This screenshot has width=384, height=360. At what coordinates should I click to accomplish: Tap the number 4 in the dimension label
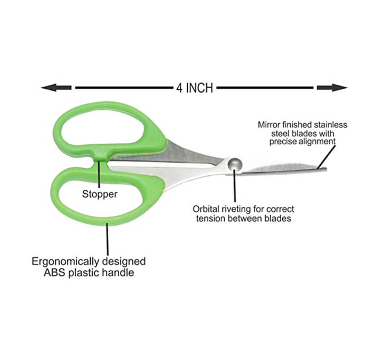[179, 88]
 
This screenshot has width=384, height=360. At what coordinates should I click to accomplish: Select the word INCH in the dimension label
[199, 88]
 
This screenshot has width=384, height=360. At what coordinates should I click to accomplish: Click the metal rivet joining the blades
[235, 164]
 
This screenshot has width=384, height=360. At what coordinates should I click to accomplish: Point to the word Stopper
[100, 194]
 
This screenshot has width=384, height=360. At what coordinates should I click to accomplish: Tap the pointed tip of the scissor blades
[326, 169]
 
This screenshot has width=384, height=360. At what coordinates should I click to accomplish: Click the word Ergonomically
[65, 262]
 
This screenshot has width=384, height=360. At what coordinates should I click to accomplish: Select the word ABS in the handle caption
[55, 272]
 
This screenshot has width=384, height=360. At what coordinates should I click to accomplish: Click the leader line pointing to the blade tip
[327, 157]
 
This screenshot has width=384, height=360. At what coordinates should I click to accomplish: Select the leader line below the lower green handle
[107, 239]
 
